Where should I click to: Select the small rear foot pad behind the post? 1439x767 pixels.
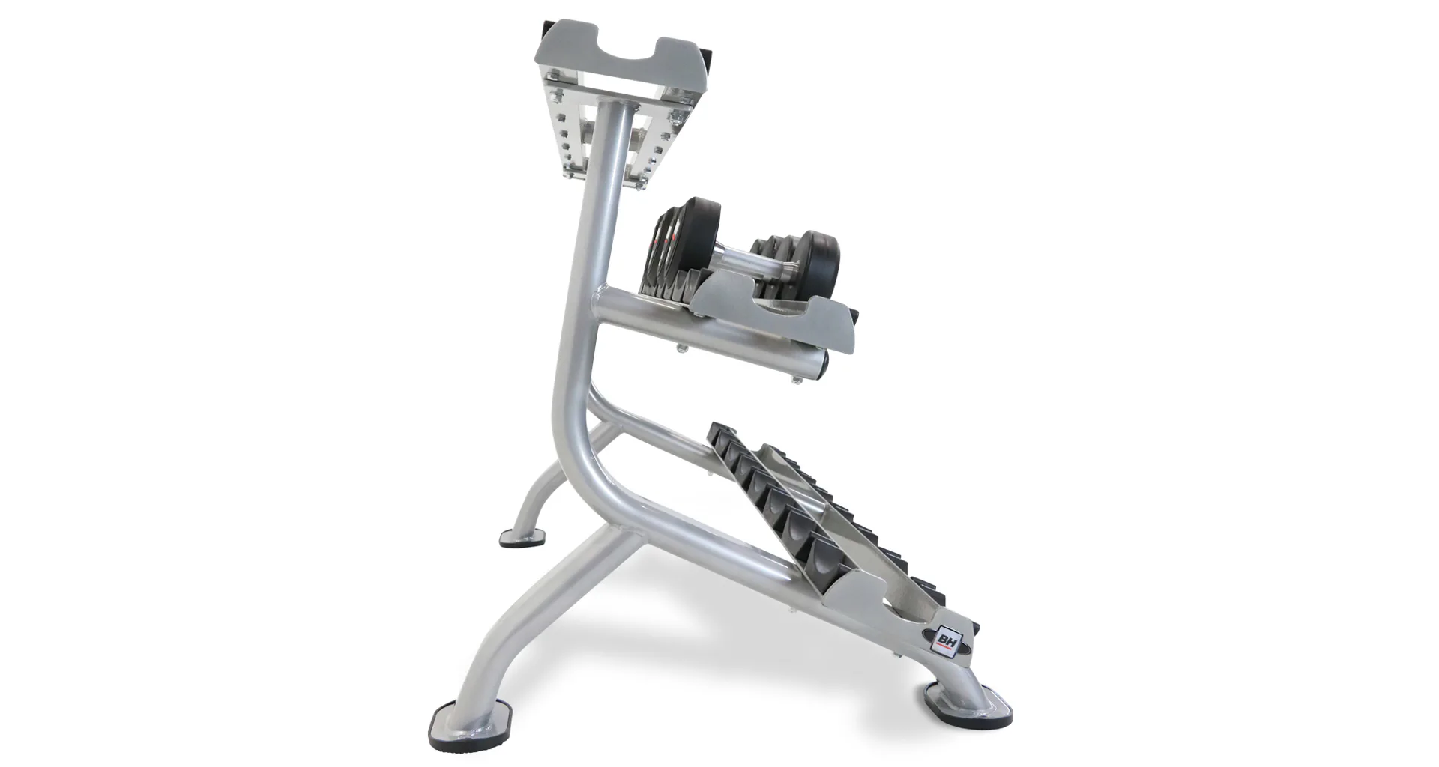[522, 539]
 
